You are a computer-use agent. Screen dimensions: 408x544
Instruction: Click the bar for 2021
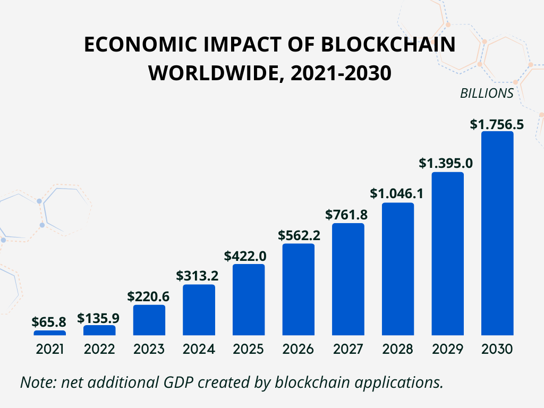49,333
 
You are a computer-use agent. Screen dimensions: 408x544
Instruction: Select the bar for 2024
199,310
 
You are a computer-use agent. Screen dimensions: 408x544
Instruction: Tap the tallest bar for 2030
497,234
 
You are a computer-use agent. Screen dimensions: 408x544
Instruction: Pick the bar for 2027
348,279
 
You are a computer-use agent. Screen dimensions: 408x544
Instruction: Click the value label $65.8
49,322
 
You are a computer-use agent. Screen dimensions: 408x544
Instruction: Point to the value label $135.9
99,318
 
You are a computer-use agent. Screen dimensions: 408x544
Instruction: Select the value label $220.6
149,296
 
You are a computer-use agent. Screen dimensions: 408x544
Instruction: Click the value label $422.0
249,256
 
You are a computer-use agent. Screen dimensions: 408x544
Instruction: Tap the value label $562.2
298,235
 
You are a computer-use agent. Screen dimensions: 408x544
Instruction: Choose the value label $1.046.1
397,194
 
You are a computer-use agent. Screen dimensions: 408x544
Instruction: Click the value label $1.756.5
497,124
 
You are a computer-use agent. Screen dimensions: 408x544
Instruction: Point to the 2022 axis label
99,350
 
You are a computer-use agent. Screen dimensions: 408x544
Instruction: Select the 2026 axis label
298,350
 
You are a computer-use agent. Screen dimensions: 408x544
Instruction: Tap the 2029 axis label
447,350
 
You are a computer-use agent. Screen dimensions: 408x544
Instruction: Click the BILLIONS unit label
487,93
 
